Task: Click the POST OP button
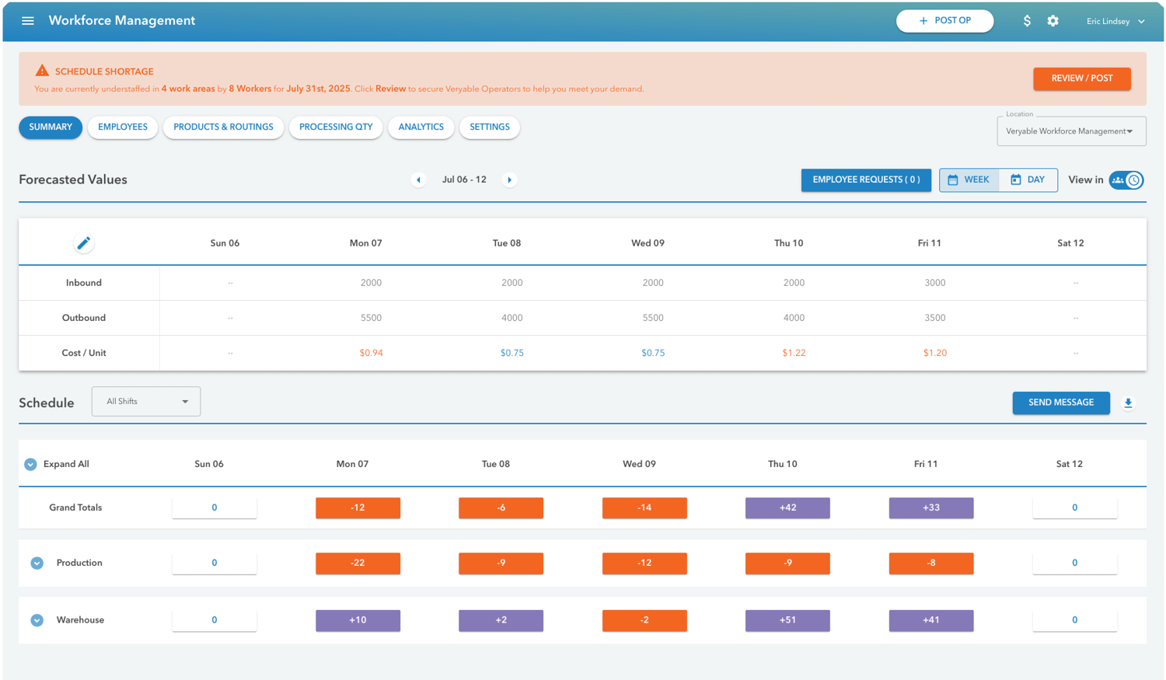tap(944, 21)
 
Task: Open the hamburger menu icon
tap(28, 21)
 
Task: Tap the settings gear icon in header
tap(1053, 21)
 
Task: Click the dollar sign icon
tap(1027, 21)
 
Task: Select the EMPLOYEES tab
tap(123, 127)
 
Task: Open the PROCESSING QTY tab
tap(336, 127)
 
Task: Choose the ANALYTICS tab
tap(421, 127)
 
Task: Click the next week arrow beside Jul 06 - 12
tap(510, 180)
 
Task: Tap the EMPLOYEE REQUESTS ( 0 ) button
tap(866, 180)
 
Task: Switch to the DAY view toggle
tap(1028, 180)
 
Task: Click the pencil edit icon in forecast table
tap(84, 243)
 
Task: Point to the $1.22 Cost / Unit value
tap(794, 353)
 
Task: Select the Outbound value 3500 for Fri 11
tap(934, 318)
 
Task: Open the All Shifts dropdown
tap(146, 402)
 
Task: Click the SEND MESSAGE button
tap(1060, 403)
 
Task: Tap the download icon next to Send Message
tap(1128, 403)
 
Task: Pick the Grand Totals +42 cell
tap(787, 508)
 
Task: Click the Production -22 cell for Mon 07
tap(358, 563)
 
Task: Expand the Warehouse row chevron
tap(37, 620)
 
